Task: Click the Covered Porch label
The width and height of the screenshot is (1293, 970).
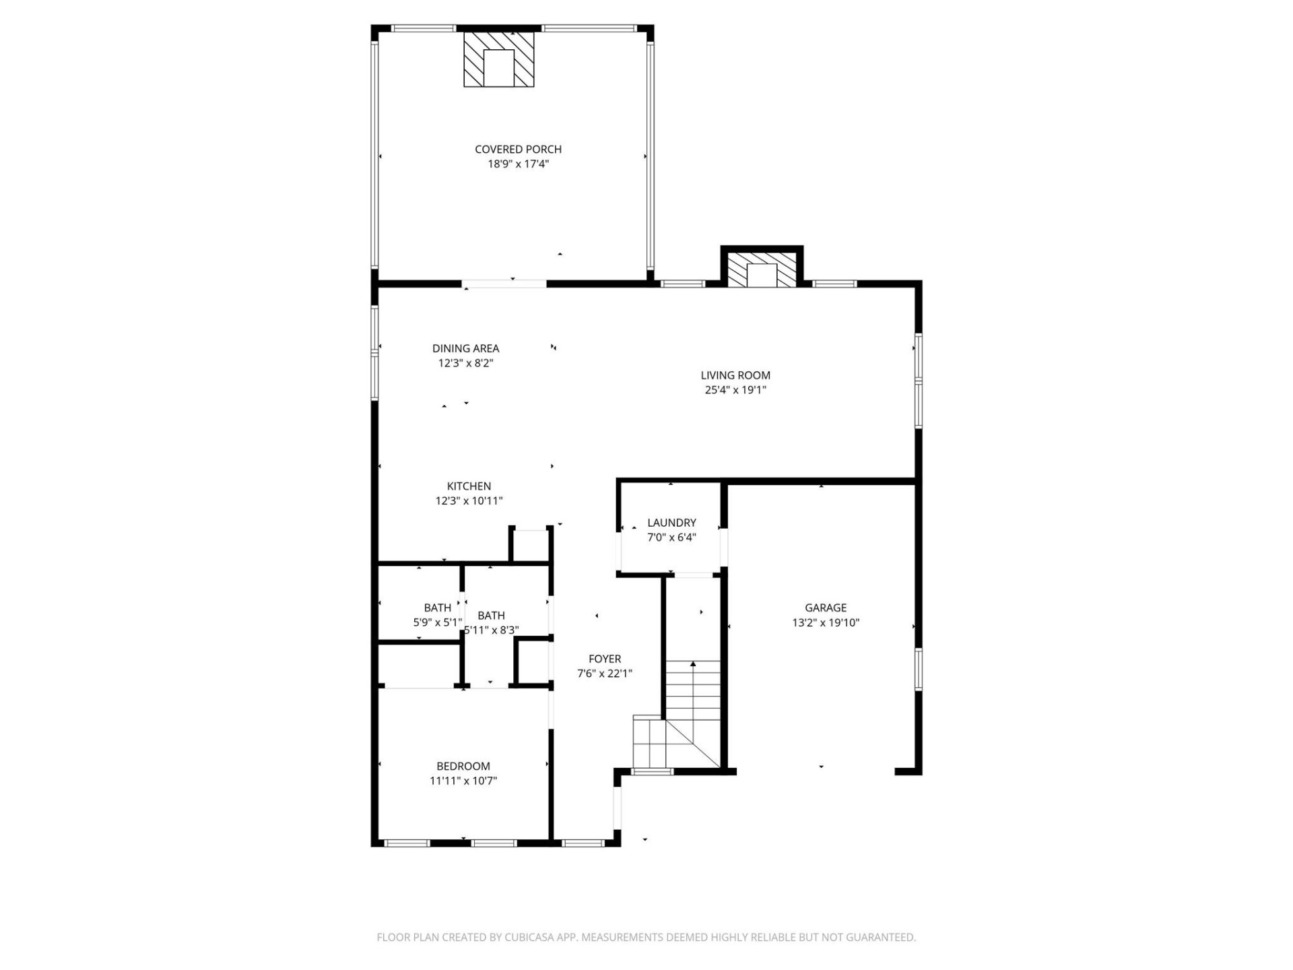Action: click(x=518, y=150)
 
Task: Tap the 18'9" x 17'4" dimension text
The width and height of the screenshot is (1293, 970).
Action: click(x=518, y=164)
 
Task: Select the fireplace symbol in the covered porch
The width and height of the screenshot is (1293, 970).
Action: click(x=499, y=59)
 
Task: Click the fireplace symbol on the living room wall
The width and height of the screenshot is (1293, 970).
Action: click(x=762, y=270)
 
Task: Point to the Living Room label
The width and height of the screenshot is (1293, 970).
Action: click(x=735, y=375)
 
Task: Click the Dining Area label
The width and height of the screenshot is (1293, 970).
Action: click(x=465, y=348)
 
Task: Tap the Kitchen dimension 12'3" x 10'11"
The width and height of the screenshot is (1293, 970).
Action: click(x=469, y=501)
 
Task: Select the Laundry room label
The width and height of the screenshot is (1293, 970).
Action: click(x=671, y=523)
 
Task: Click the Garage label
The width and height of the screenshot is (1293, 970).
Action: click(x=826, y=608)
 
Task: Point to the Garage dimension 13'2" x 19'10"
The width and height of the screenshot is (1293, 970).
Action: click(x=826, y=623)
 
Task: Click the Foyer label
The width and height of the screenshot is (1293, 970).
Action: click(x=605, y=659)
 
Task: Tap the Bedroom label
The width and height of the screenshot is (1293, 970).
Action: click(x=463, y=766)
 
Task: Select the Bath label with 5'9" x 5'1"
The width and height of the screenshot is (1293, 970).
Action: click(x=437, y=608)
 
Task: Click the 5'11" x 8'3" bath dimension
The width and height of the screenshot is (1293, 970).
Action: click(x=492, y=630)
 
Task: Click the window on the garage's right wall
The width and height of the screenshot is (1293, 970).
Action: click(x=918, y=669)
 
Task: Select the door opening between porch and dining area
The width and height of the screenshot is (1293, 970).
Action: click(x=505, y=284)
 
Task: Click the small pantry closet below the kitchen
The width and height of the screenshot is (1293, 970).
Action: click(x=531, y=546)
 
